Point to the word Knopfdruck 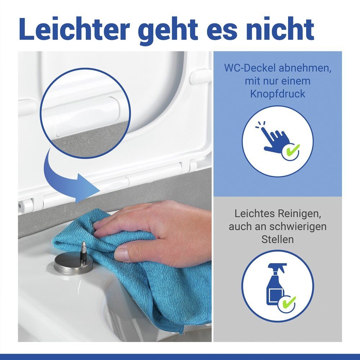[278, 94]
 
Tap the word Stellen [278, 239]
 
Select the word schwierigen [298, 227]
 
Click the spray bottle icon [276, 284]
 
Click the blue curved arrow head [89, 188]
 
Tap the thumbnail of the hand [122, 254]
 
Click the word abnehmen [305, 68]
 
